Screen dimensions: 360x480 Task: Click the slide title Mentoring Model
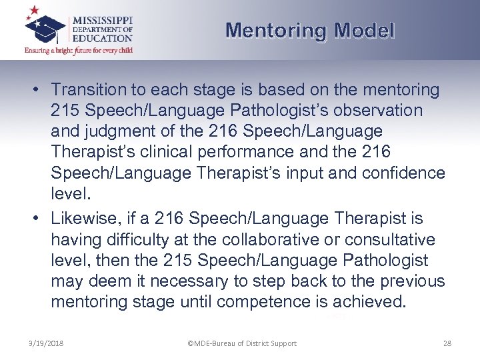pos(310,31)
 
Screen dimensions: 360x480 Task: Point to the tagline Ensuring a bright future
pos(79,50)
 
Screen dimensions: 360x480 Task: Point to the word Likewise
pos(83,219)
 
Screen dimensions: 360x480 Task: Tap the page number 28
pos(447,343)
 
